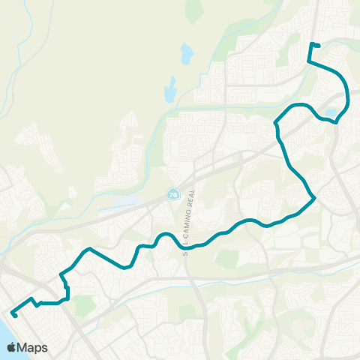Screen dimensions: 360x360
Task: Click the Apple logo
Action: [12, 347]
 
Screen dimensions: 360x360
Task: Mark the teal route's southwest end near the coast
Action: [15, 315]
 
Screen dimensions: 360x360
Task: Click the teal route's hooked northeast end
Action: [319, 46]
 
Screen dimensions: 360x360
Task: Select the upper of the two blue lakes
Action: [186, 54]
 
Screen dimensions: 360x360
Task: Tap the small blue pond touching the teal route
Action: [331, 115]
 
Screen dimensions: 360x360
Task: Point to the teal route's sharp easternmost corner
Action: [314, 198]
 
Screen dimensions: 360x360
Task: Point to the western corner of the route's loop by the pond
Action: [275, 122]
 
